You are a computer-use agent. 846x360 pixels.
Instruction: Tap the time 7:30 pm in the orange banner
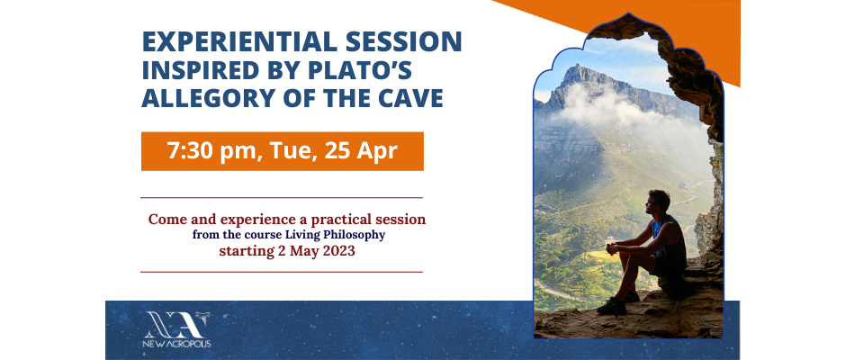[x=209, y=152]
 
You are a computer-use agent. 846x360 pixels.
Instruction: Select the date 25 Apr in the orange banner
[x=361, y=151]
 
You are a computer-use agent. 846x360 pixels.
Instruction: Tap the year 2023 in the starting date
[x=339, y=251]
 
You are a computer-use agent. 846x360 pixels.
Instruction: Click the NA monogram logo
[x=176, y=324]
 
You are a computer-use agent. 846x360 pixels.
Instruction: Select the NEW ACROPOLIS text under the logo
[x=176, y=344]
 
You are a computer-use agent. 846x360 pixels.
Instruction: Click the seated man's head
[x=660, y=201]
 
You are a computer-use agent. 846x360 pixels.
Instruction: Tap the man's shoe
[x=612, y=306]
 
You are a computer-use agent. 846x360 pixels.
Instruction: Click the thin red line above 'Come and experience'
[x=282, y=198]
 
